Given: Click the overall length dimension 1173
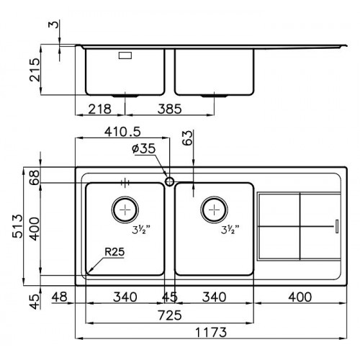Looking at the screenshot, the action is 211,333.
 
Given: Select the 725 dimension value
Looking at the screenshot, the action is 170,315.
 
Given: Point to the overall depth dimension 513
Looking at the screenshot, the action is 18,226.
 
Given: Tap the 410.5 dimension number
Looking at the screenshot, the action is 122,132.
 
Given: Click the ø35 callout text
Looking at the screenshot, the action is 143,149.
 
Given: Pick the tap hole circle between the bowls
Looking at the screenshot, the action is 169,181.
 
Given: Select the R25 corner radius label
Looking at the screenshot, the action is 114,252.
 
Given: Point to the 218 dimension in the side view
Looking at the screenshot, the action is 100,109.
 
